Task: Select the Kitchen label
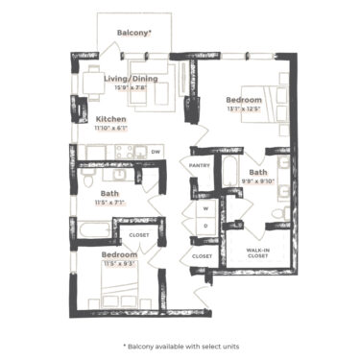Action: click(111, 120)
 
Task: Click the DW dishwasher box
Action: click(155, 152)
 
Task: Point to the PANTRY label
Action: click(200, 165)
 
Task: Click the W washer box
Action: click(204, 207)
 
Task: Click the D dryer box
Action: click(204, 227)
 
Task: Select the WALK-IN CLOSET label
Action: click(255, 253)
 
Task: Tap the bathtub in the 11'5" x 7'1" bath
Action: click(92, 230)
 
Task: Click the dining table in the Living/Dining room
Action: click(91, 84)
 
